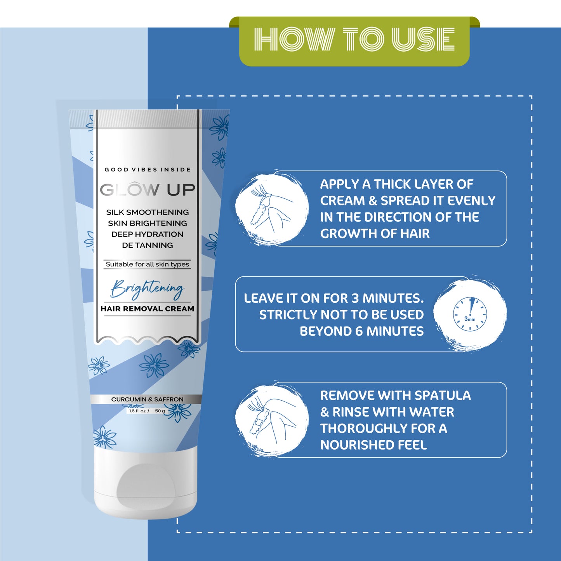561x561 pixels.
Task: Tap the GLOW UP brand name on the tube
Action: coord(147,190)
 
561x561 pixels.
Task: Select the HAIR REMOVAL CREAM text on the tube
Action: coord(147,309)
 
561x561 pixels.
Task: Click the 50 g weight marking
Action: coord(160,411)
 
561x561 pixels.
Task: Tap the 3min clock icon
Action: coord(470,314)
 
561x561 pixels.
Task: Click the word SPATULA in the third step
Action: coord(443,395)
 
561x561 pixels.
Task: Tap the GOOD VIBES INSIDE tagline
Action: coord(148,169)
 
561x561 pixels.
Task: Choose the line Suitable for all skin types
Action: coord(147,264)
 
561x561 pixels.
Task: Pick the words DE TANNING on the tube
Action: coord(147,245)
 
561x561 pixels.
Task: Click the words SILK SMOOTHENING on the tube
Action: coord(147,212)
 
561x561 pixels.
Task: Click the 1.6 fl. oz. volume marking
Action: coord(139,411)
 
